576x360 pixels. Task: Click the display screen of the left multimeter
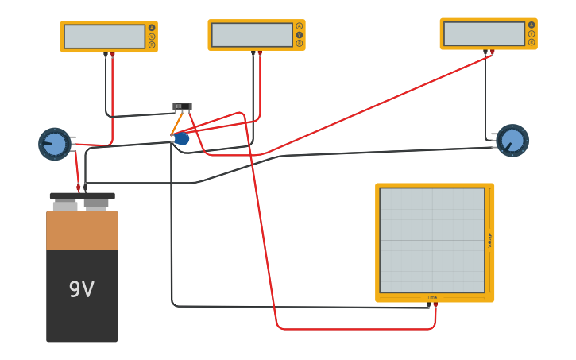104,37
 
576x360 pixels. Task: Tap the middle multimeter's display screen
252,35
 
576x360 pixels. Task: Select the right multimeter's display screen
484,33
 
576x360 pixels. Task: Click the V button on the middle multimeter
300,35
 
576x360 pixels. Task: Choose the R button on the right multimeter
532,42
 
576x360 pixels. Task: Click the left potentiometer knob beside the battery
55,144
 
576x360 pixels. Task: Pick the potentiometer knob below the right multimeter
512,141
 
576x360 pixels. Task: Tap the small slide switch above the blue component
183,106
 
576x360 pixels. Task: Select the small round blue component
182,139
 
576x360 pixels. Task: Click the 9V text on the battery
81,290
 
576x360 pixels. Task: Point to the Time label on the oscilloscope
432,297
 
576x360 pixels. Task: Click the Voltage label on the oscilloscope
489,240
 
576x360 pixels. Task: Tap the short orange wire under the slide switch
176,123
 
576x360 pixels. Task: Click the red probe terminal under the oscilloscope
435,304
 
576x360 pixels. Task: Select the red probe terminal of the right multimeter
493,52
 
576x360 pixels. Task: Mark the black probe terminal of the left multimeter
106,55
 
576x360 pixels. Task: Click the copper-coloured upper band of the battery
82,230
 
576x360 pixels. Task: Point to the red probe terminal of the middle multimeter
260,53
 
